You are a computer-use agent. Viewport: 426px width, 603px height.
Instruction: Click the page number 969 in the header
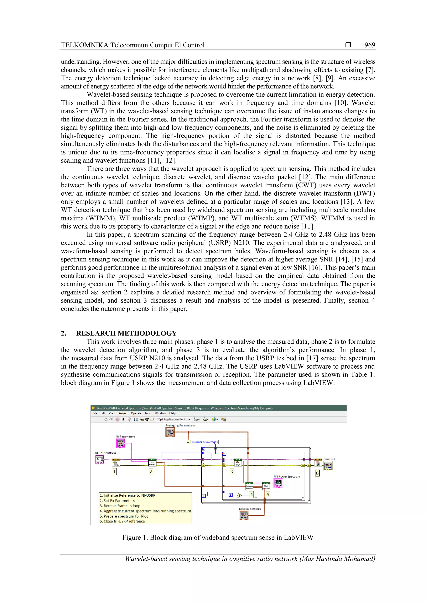tap(370, 45)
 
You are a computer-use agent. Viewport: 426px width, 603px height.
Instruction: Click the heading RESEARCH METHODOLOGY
tap(126, 333)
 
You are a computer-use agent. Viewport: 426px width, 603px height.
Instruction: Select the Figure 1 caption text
tap(218, 538)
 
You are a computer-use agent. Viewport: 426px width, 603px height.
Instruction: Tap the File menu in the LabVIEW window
tap(95, 413)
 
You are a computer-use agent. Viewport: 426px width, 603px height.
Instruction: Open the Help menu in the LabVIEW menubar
tap(172, 413)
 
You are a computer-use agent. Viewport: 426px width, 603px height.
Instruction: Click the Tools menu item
tap(148, 413)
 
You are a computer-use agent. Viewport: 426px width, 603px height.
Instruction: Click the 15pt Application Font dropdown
tap(174, 419)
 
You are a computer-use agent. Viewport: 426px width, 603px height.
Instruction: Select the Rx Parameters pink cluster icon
tap(120, 443)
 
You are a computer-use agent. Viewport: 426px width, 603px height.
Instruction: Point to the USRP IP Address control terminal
tap(99, 459)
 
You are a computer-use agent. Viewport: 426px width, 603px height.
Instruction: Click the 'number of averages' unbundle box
tap(204, 442)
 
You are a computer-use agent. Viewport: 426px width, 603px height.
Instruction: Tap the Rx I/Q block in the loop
tap(238, 463)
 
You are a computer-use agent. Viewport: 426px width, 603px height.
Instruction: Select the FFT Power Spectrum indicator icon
tap(278, 483)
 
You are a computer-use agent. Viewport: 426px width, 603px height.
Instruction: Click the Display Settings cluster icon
tap(243, 516)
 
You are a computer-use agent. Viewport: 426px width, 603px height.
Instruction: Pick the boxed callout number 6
tap(317, 473)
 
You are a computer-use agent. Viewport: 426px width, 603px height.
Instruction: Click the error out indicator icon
tap(328, 466)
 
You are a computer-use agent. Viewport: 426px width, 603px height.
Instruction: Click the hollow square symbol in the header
tap(348, 45)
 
